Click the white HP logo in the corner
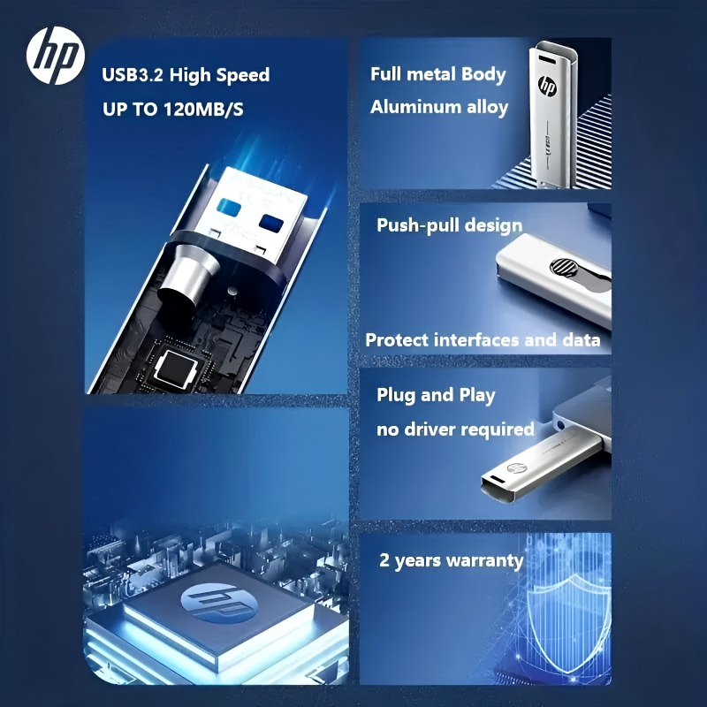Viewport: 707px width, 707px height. pos(56,56)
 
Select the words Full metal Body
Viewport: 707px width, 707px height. pos(438,74)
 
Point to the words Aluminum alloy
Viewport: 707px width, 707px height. pos(439,108)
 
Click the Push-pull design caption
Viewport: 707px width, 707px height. pos(450,225)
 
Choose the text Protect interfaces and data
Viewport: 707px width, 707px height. pos(483,340)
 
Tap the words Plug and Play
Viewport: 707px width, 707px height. pos(436,395)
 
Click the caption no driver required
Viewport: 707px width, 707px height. pos(455,430)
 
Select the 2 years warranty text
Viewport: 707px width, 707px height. pos(451,560)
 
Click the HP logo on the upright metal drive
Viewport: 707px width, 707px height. pos(547,88)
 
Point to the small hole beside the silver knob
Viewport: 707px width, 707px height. pos(231,290)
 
